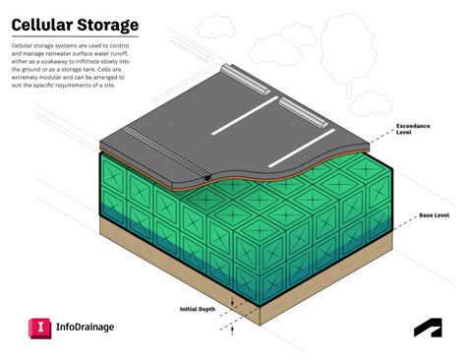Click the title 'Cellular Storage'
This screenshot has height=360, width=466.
pos(75,23)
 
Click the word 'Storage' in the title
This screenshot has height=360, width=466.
pos(107,23)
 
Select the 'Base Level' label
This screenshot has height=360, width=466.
pos(434,214)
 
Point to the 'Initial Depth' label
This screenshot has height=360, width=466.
pos(200,309)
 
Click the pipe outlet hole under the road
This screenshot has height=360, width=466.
pos(208,179)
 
